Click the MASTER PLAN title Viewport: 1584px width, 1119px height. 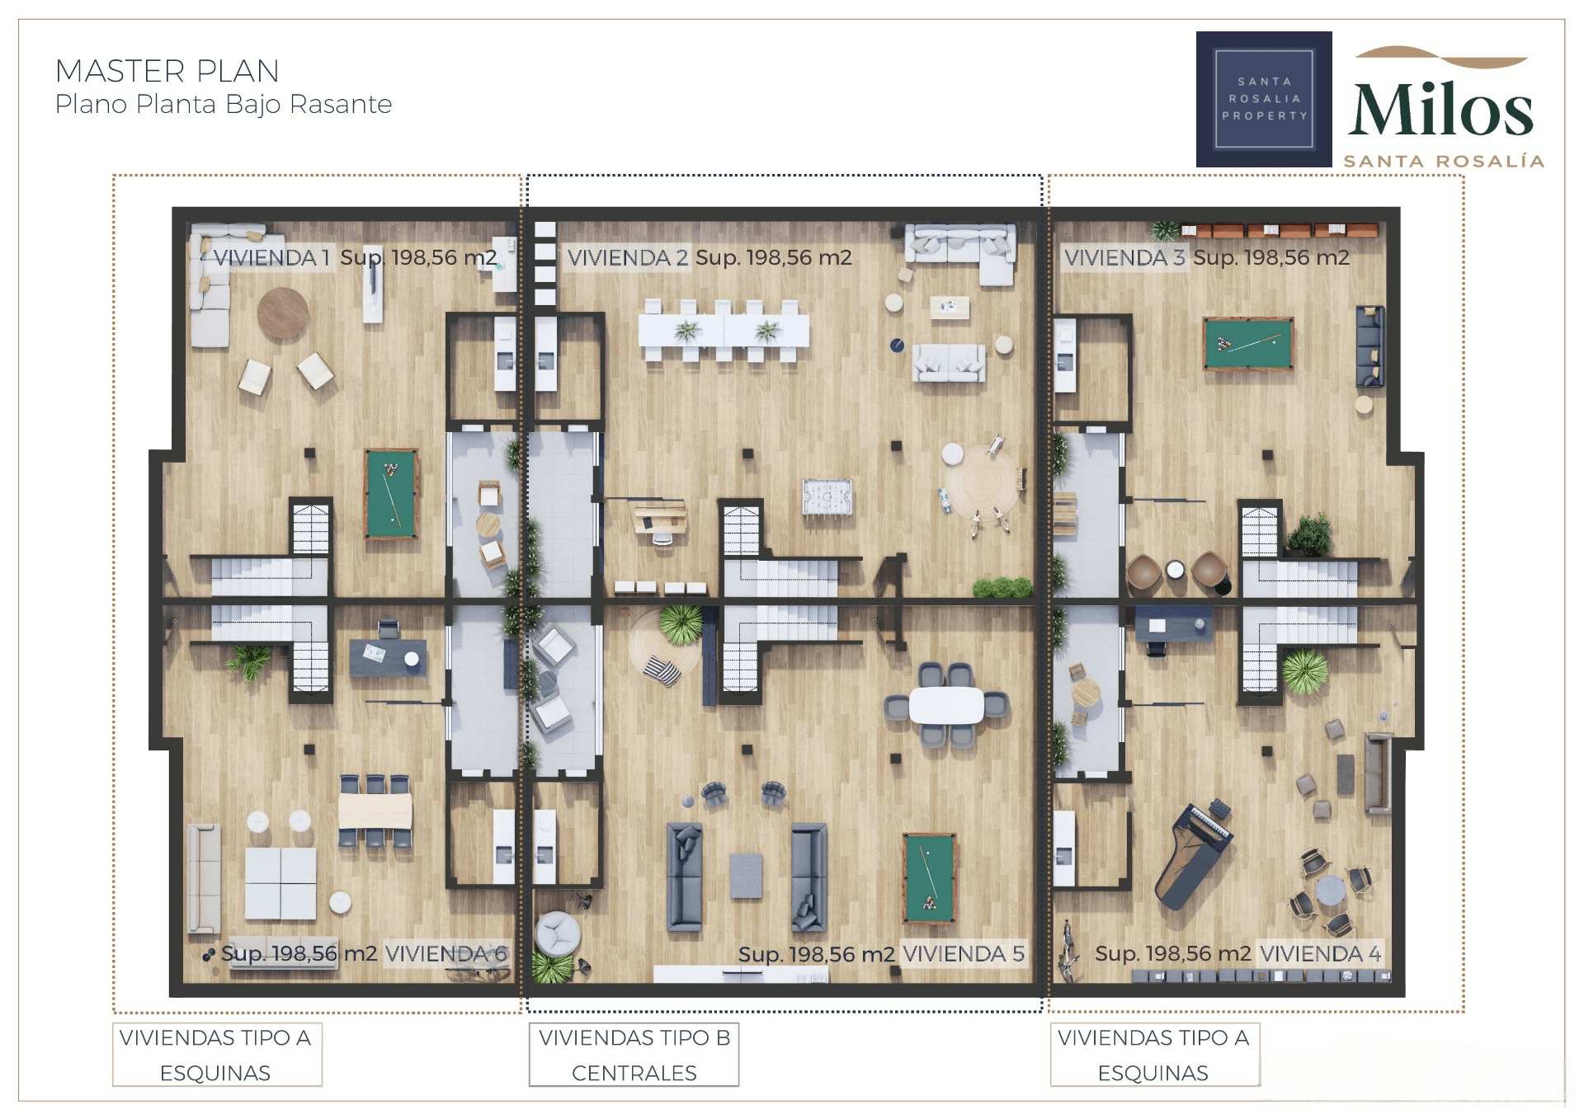[167, 71]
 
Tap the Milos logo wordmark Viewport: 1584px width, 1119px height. [1440, 110]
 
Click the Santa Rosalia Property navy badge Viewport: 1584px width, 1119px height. [1264, 99]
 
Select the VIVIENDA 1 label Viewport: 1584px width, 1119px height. [271, 257]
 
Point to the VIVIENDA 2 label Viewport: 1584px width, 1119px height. [628, 257]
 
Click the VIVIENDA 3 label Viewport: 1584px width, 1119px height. [1124, 257]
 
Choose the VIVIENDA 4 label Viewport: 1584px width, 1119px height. [1320, 953]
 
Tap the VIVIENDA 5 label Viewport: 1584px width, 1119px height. [964, 953]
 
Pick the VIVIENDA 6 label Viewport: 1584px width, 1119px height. [446, 953]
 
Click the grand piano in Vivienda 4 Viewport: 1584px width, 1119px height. [1191, 853]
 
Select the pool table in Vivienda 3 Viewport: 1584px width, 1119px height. [1248, 343]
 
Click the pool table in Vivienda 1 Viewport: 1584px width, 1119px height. [391, 494]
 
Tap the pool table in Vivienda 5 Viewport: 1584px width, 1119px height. [930, 878]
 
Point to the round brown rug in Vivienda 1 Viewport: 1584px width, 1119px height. [283, 313]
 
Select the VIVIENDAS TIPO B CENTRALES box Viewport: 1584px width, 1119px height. [634, 1055]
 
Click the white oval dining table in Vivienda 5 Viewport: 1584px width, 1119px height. [946, 705]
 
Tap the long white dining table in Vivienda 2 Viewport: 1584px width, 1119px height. [724, 331]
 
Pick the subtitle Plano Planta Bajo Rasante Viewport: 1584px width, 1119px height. [224, 105]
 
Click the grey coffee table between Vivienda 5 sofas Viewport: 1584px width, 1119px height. [746, 876]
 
